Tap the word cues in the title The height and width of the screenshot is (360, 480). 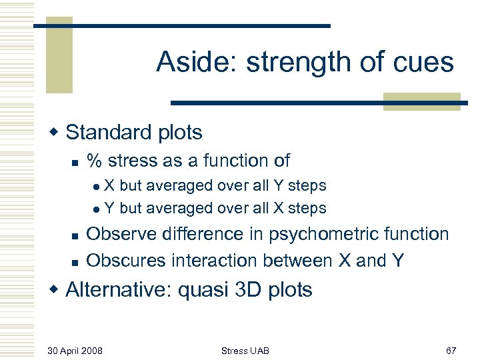[x=422, y=63]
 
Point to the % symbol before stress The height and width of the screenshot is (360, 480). [x=95, y=161]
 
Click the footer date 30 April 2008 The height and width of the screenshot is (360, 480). [x=75, y=350]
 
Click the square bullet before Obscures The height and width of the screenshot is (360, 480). [x=75, y=261]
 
